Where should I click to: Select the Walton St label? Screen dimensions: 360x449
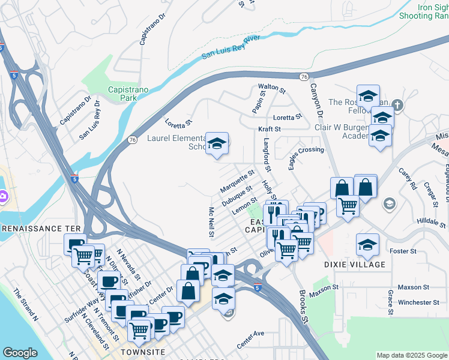click(x=271, y=88)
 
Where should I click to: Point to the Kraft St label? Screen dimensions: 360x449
click(x=269, y=129)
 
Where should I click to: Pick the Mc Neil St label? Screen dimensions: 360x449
click(x=212, y=221)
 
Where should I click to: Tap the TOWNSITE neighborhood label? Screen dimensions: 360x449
click(x=142, y=352)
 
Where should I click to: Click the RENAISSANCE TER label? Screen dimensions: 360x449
click(x=40, y=229)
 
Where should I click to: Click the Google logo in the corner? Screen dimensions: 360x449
click(x=20, y=353)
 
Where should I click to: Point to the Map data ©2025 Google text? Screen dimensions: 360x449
click(x=411, y=355)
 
